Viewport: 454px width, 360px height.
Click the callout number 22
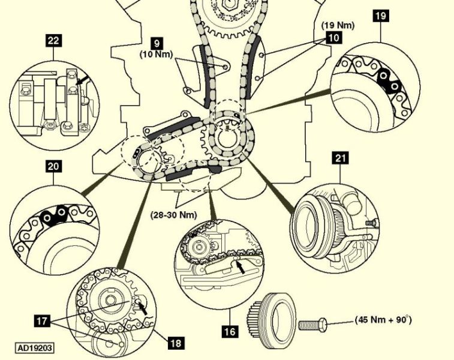coord(54,41)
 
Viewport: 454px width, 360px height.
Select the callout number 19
coord(380,16)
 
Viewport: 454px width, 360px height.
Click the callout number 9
coord(157,43)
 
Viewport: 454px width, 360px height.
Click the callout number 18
coord(176,343)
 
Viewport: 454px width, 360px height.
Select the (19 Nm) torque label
coord(338,25)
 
